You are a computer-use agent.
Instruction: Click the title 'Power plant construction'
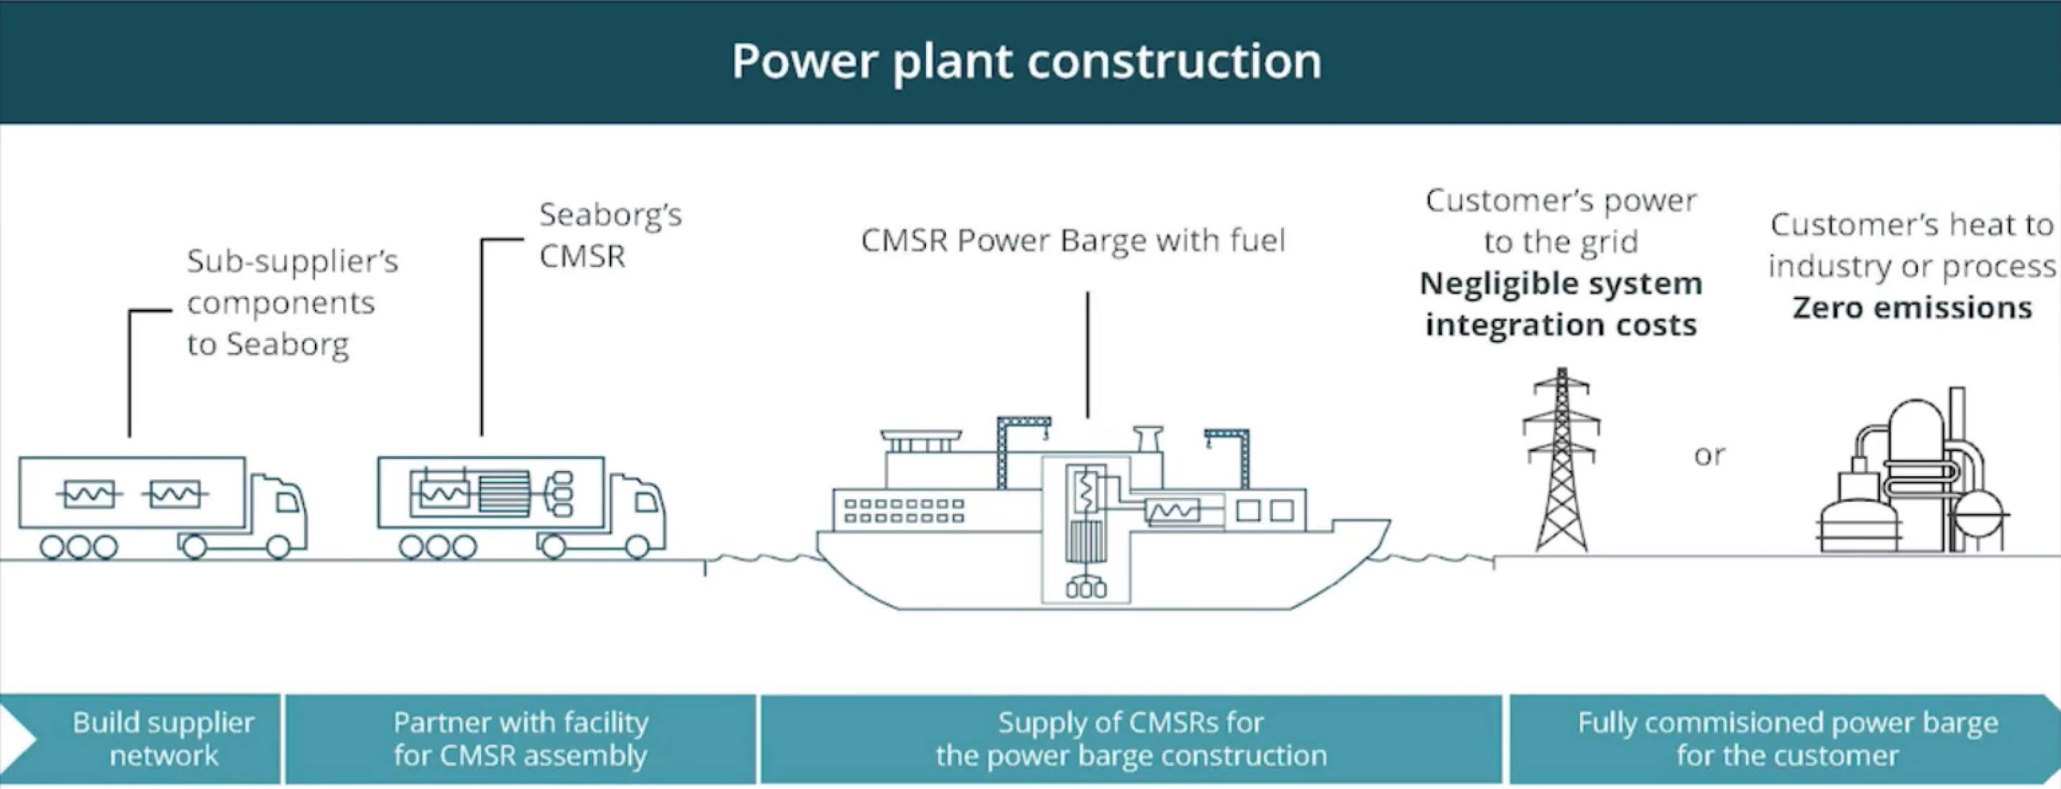1027,62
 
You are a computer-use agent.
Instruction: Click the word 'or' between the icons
1709,455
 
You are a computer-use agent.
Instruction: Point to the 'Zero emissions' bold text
1912,308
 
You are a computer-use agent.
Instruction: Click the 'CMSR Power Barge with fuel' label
1073,240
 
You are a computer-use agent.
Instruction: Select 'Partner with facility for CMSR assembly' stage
520,739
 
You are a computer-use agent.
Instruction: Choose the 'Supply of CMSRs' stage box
1131,739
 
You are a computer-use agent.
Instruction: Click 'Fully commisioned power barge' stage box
1787,739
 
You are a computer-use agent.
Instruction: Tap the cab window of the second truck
646,503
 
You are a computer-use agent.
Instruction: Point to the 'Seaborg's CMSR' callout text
610,235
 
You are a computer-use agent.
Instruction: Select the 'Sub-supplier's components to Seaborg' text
291,303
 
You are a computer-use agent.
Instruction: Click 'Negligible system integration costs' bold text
1560,304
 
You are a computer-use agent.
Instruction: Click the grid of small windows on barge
904,511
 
